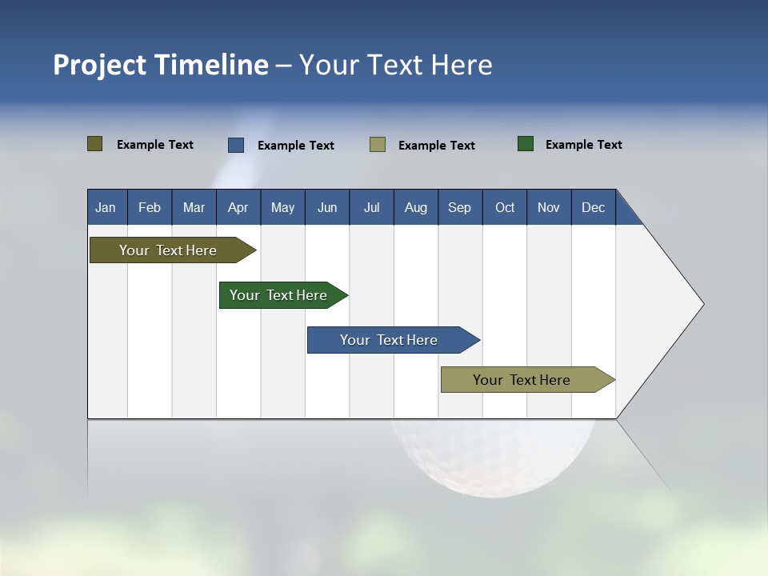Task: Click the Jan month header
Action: pyautogui.click(x=106, y=207)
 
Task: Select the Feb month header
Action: pyautogui.click(x=150, y=207)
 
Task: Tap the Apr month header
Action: pyautogui.click(x=238, y=207)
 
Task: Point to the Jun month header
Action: pyautogui.click(x=327, y=207)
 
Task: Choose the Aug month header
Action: pyautogui.click(x=415, y=207)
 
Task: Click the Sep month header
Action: pyautogui.click(x=459, y=207)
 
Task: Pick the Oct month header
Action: pyautogui.click(x=505, y=207)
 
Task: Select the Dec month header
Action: pyautogui.click(x=593, y=207)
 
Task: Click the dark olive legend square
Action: pyautogui.click(x=95, y=144)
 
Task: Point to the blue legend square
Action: pyautogui.click(x=236, y=145)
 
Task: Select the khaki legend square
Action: pyautogui.click(x=378, y=145)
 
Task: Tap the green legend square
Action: pyautogui.click(x=526, y=144)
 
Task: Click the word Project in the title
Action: pyautogui.click(x=100, y=65)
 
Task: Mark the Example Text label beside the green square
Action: pyautogui.click(x=583, y=144)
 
